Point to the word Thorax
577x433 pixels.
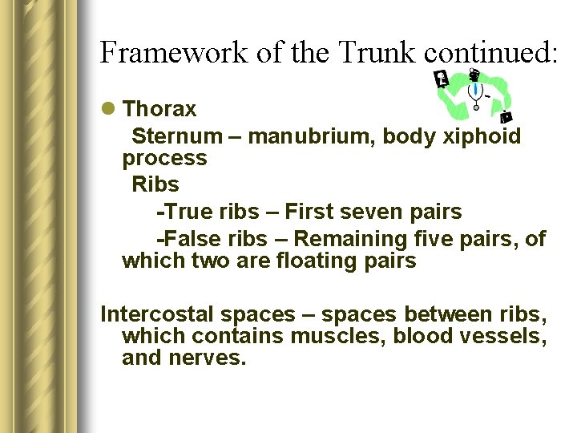pyautogui.click(x=160, y=108)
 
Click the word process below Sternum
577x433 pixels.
pyautogui.click(x=164, y=158)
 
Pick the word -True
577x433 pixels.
pyautogui.click(x=180, y=212)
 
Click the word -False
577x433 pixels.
pyautogui.click(x=184, y=239)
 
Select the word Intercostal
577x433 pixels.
pyautogui.click(x=156, y=314)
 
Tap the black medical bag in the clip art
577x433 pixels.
pyautogui.click(x=506, y=117)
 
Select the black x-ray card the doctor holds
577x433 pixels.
pyautogui.click(x=440, y=79)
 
